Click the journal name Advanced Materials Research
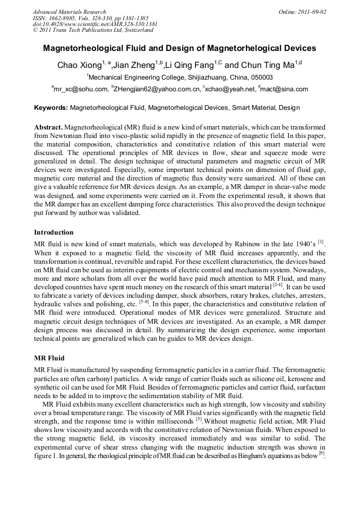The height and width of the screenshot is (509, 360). click(x=69, y=12)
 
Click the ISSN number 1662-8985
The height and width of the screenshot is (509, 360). click(x=67, y=18)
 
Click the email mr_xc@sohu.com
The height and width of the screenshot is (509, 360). click(x=81, y=89)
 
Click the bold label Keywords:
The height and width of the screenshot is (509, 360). click(x=51, y=108)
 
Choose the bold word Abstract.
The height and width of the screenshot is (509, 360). click(x=48, y=128)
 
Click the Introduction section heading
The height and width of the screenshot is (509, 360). click(x=54, y=232)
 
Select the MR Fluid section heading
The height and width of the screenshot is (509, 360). click(x=49, y=358)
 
